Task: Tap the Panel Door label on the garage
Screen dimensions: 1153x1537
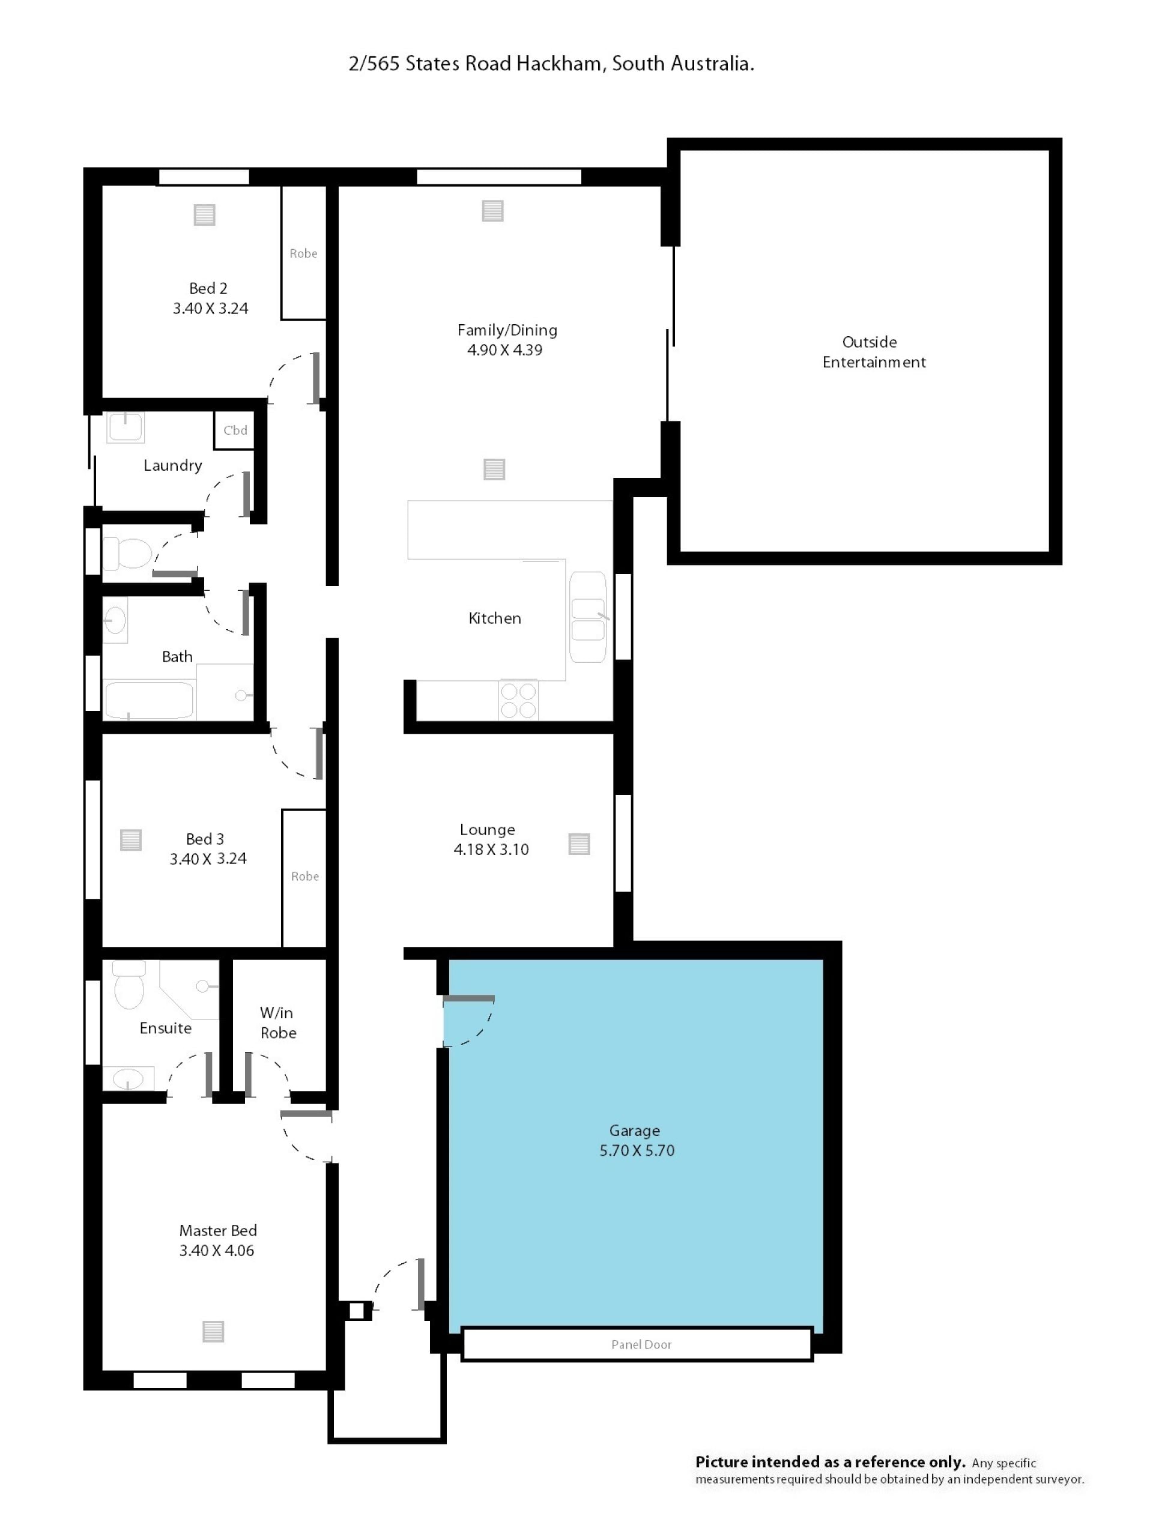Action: click(x=641, y=1344)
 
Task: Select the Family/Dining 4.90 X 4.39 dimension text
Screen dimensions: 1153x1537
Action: click(x=504, y=349)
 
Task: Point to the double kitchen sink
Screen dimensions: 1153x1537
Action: click(x=588, y=617)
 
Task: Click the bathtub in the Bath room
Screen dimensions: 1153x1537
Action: click(x=149, y=699)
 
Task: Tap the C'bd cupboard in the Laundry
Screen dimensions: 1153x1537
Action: click(x=234, y=430)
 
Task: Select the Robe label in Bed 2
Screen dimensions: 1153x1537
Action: click(x=303, y=253)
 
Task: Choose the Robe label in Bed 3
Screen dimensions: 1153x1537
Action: click(x=304, y=876)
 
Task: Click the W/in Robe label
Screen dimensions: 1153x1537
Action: click(x=277, y=1023)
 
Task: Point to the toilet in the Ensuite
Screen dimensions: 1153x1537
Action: click(x=129, y=985)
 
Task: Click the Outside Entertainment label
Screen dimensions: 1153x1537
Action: click(x=874, y=352)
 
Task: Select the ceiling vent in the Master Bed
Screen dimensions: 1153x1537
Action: click(x=213, y=1331)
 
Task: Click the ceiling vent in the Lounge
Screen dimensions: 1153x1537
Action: click(x=579, y=844)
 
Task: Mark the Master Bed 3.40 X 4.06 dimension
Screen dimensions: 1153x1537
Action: click(x=217, y=1250)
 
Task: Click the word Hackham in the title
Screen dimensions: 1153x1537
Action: click(x=558, y=64)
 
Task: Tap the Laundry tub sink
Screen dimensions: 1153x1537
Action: click(x=125, y=427)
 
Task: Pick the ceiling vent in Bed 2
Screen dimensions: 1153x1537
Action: click(x=204, y=215)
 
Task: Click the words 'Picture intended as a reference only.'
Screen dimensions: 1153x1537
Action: click(x=831, y=1462)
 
